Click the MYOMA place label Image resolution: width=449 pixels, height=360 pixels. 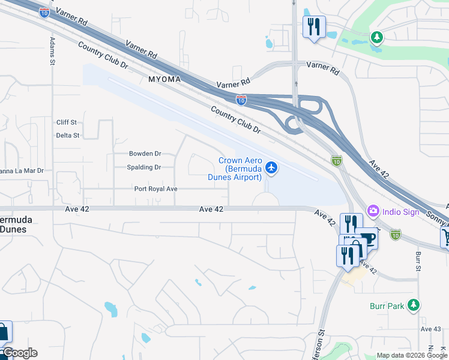161,79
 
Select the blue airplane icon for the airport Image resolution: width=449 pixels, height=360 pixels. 271,168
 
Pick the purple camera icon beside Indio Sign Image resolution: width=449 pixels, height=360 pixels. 373,211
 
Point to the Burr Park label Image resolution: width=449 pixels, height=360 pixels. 387,306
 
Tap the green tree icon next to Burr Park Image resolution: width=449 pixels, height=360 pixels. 412,305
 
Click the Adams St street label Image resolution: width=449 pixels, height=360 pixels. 53,52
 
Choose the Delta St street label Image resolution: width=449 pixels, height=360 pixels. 68,136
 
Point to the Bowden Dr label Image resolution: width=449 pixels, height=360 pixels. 145,154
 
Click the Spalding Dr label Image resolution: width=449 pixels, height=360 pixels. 144,168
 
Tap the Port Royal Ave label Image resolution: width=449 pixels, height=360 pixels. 155,189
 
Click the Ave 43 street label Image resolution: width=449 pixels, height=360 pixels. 430,329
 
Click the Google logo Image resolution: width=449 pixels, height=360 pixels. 19,353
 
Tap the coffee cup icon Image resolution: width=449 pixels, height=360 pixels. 367,238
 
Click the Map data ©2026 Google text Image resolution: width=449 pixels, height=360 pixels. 412,355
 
